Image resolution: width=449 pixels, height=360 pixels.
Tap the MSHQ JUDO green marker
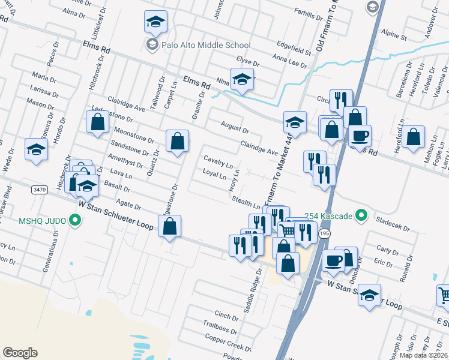(75, 221)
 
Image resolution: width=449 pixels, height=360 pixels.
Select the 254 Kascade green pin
(361, 215)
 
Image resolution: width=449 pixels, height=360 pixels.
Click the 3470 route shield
(40, 190)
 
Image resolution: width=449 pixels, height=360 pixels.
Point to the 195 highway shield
(325, 233)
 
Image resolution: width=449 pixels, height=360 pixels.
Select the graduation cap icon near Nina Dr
(242, 80)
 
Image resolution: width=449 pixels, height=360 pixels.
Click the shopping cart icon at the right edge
(444, 295)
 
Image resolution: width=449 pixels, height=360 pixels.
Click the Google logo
(20, 353)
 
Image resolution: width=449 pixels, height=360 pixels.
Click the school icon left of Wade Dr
(36, 149)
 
